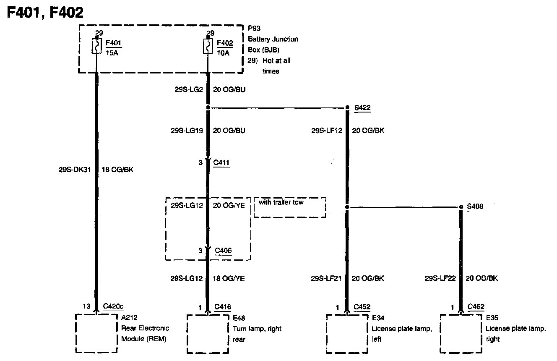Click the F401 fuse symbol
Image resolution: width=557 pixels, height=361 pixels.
click(x=96, y=46)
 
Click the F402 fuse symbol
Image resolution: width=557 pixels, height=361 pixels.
click(x=208, y=46)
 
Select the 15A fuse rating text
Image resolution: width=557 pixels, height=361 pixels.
click(x=112, y=53)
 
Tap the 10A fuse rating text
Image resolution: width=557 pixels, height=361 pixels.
click(x=224, y=53)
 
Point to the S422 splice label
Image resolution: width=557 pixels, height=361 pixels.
click(x=362, y=108)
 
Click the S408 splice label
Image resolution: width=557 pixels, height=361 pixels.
click(x=476, y=207)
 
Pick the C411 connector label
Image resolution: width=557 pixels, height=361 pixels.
click(x=221, y=162)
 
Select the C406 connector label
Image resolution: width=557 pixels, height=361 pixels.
click(x=223, y=251)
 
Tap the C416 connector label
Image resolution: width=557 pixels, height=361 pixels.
click(x=223, y=307)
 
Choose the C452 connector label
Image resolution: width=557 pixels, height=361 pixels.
click(x=362, y=307)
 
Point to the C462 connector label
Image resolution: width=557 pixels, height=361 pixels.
click(x=476, y=307)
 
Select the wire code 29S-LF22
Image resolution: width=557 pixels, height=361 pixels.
click(x=441, y=278)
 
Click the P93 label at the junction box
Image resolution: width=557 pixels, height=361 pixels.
click(x=254, y=29)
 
